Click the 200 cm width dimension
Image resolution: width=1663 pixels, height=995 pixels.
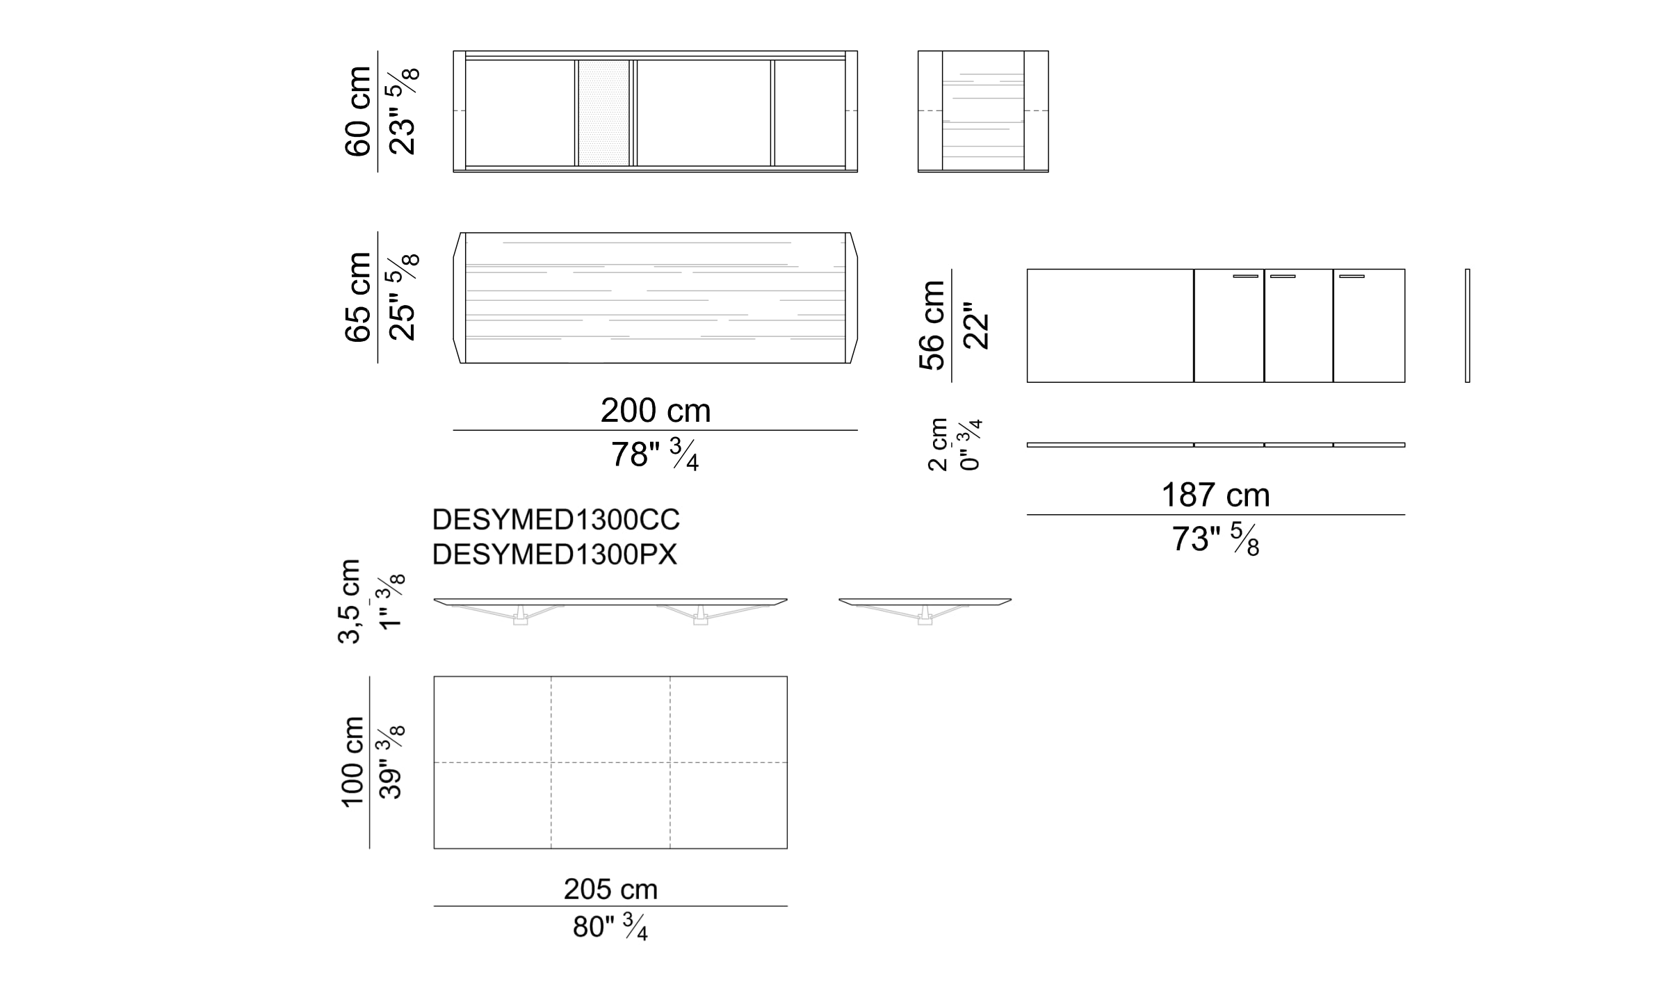click(x=656, y=411)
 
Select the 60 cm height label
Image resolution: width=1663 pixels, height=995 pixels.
click(x=359, y=111)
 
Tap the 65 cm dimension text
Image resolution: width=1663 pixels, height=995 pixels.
click(x=359, y=297)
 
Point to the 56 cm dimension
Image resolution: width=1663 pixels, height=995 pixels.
click(x=932, y=325)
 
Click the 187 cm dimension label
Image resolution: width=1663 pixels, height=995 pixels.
click(x=1215, y=495)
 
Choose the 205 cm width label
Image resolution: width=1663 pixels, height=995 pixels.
click(x=610, y=889)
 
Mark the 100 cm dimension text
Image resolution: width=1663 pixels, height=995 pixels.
click(x=353, y=762)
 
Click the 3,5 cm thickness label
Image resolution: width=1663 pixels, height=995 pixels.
click(x=350, y=602)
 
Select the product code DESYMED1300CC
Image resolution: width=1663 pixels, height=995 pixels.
click(x=556, y=520)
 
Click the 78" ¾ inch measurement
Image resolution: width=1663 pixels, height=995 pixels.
click(x=655, y=455)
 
